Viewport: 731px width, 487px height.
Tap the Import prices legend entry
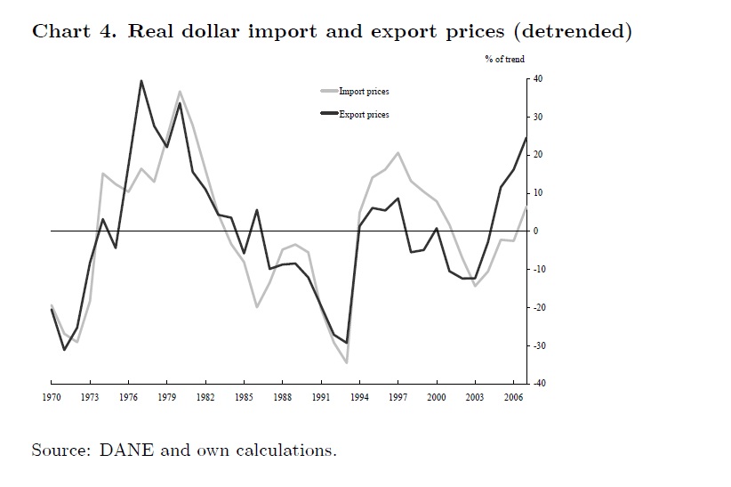(364, 92)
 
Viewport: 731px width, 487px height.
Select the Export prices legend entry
(364, 115)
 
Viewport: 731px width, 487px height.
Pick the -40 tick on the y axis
(539, 383)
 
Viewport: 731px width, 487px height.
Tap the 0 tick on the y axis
(536, 231)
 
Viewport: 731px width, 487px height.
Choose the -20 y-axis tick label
(539, 307)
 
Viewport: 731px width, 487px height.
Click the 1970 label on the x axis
(51, 398)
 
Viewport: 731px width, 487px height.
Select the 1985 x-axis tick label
(245, 398)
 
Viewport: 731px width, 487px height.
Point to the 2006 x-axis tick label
(514, 398)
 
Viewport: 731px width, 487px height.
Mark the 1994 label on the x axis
(359, 398)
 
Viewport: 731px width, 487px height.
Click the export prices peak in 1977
(141, 81)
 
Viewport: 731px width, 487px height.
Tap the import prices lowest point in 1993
(346, 362)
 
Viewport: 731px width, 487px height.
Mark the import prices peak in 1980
(180, 92)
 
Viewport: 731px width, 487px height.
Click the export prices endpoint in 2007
(526, 137)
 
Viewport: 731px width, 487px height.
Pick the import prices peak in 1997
(398, 153)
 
